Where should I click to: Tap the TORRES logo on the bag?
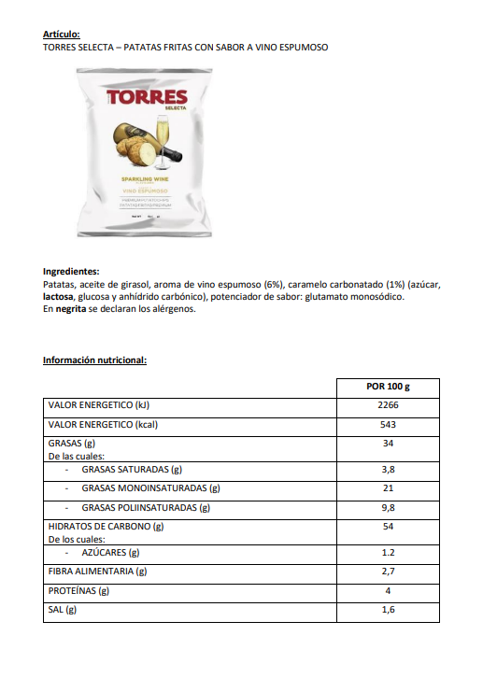point(147,98)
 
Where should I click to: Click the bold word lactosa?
point(60,297)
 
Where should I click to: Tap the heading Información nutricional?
point(94,360)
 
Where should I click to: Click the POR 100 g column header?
point(388,387)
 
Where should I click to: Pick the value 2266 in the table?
point(388,405)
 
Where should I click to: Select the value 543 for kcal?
point(388,424)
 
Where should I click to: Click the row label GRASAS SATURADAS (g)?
point(131,469)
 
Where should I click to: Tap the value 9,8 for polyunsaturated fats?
point(388,507)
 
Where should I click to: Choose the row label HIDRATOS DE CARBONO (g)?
point(106,527)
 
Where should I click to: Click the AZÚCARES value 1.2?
point(388,552)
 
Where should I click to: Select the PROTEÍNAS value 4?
point(388,590)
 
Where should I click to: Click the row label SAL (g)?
point(62,609)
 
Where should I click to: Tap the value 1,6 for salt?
point(388,609)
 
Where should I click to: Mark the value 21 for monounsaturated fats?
point(388,487)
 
